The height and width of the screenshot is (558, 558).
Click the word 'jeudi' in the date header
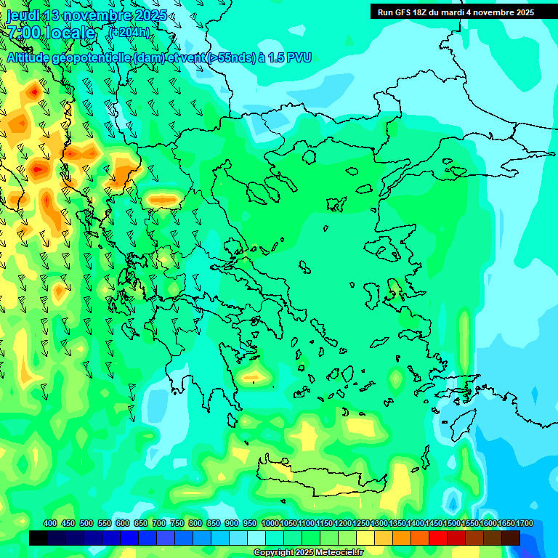(23, 15)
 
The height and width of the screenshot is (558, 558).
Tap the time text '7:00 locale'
(50, 33)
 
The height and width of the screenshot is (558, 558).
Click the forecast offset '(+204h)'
(129, 32)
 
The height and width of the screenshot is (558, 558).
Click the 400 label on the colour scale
(50, 524)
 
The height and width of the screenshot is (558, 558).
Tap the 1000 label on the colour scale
(270, 524)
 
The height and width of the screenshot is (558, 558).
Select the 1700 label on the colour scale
(525, 524)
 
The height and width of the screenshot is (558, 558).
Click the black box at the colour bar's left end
(39, 538)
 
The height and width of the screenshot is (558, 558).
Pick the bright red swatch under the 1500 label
(438, 538)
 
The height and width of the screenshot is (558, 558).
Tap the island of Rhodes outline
(462, 422)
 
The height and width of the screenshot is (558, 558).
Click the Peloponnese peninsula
(218, 378)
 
